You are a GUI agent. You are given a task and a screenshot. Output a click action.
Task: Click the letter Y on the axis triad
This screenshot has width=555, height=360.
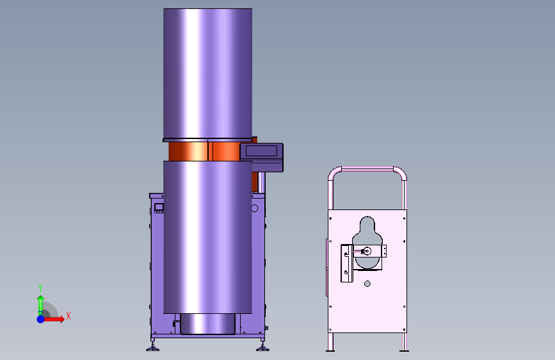click(x=40, y=288)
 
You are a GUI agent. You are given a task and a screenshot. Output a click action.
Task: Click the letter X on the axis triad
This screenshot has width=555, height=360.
click(x=68, y=316)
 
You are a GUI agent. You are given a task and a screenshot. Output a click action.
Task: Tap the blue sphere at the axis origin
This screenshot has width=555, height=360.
click(x=41, y=319)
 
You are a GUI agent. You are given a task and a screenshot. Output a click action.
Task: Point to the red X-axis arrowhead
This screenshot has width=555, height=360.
click(x=62, y=319)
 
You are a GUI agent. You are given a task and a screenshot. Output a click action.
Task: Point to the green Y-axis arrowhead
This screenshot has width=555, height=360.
click(x=41, y=299)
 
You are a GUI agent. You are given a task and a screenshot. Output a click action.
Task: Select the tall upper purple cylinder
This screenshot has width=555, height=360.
click(x=208, y=74)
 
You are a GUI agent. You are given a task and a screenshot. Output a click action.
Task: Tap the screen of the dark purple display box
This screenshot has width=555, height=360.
click(x=261, y=151)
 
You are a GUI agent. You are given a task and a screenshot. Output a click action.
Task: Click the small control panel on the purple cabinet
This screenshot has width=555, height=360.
click(x=159, y=208)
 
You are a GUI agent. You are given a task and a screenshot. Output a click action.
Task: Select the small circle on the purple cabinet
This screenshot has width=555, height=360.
click(x=255, y=208)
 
